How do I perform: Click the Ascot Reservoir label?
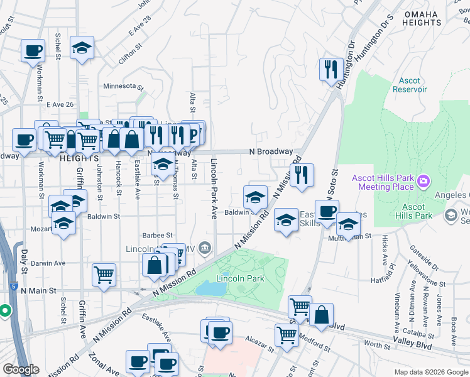click(410, 85)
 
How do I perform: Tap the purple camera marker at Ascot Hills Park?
click(424, 182)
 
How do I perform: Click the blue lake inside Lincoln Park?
click(210, 288)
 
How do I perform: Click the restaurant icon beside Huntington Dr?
click(330, 68)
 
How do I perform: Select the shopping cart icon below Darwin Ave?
click(104, 274)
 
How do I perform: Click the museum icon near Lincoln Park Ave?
click(205, 248)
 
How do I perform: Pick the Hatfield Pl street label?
click(385, 279)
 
